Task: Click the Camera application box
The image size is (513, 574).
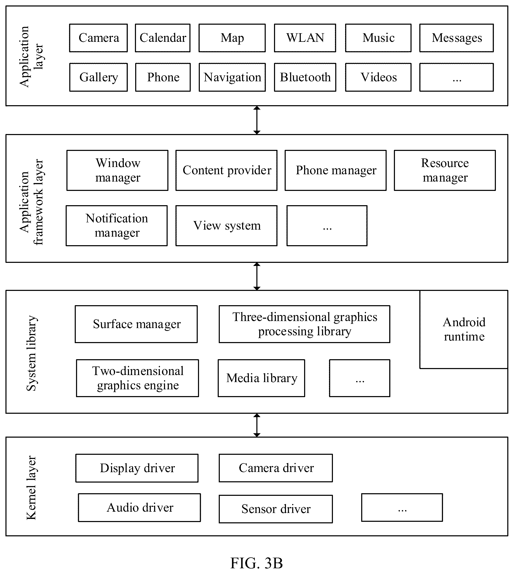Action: coord(98,38)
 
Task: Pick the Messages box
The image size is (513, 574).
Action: coord(457,38)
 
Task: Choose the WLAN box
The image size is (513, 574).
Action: coord(305,38)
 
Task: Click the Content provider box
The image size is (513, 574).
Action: coord(227,170)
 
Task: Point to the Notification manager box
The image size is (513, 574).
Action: coord(117,226)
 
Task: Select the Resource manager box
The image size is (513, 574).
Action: coord(445,170)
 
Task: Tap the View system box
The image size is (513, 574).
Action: coord(227,226)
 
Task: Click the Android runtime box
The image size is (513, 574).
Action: coord(464,329)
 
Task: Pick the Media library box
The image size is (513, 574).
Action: coord(261,378)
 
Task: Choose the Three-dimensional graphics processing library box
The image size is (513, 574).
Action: coord(304,324)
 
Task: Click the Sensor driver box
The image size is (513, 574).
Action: coord(276,509)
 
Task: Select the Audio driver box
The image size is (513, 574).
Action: coord(140,508)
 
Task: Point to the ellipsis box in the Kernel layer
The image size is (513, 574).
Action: coord(402,508)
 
